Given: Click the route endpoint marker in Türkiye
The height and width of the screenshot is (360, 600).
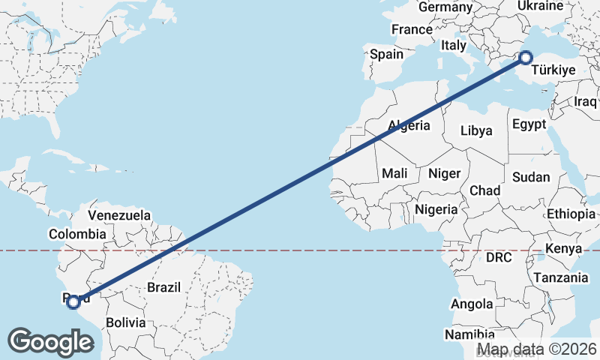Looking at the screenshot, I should click(x=526, y=57).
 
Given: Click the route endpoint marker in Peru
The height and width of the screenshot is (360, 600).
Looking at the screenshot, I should click(x=73, y=302).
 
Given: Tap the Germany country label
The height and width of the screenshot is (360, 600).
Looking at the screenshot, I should click(x=445, y=7).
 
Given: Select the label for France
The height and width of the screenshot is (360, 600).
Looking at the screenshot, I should click(x=412, y=30).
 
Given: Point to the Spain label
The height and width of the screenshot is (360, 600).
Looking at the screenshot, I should click(x=387, y=54).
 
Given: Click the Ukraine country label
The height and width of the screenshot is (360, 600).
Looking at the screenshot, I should click(x=540, y=6).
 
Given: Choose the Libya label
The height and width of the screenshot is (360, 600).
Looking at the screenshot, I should click(x=476, y=130).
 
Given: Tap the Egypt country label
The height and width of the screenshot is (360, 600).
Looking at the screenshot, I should click(x=529, y=124).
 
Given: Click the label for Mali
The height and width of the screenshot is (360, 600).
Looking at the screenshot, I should click(x=394, y=173).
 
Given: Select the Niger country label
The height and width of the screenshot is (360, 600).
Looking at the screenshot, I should click(x=444, y=173).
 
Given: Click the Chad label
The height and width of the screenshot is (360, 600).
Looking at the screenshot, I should click(x=485, y=191).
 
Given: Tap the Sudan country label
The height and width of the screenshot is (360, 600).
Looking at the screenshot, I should click(x=531, y=178).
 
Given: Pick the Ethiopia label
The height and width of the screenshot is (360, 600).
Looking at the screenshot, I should click(x=571, y=214).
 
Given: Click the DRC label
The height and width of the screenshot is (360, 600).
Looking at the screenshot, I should click(x=498, y=257).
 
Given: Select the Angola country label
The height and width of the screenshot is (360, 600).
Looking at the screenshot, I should click(x=472, y=304).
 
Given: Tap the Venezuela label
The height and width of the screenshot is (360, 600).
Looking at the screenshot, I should click(x=119, y=216).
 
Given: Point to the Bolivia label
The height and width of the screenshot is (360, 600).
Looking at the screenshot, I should click(x=125, y=323).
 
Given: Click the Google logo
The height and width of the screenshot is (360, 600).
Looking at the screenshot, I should click(x=51, y=342).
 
